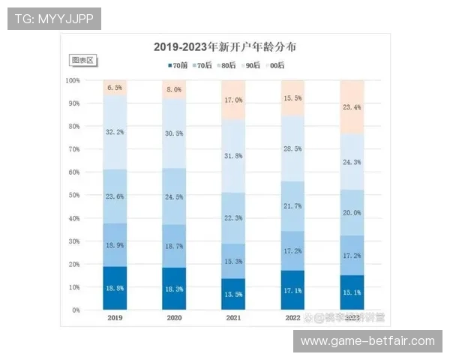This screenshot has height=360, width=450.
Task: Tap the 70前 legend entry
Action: coord(177,65)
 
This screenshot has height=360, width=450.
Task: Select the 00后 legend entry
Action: coord(274,65)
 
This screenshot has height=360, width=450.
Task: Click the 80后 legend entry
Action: coord(225,65)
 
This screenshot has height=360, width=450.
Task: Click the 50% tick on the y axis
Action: coord(73,195)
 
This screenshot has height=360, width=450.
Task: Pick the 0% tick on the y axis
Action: coord(76,310)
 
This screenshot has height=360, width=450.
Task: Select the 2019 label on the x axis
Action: coord(115,318)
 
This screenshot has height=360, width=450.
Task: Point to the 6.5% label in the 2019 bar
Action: coord(115,88)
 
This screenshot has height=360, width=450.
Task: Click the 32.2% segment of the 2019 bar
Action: coord(115,132)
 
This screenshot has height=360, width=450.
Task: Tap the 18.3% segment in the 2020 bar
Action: coord(175,289)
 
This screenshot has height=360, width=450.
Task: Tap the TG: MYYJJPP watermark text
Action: coord(54,19)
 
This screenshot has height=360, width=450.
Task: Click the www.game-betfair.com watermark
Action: coord(367,341)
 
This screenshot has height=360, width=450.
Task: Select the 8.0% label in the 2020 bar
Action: coord(175,89)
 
